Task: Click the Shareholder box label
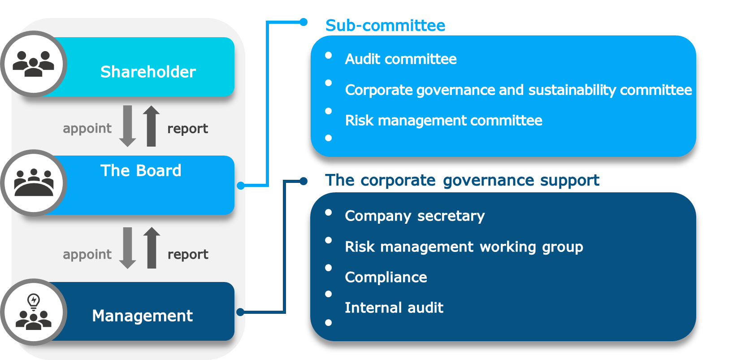[148, 72]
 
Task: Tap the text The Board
[141, 170]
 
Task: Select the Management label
[142, 316]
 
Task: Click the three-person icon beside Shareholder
[33, 64]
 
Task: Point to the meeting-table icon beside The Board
[34, 182]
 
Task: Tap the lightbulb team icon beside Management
[34, 312]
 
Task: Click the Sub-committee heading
[385, 26]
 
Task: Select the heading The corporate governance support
[462, 180]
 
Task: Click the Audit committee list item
[401, 59]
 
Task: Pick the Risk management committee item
[443, 120]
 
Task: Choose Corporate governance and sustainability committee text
[518, 90]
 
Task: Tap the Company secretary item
[415, 216]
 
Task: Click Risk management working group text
[464, 247]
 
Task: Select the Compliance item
[386, 277]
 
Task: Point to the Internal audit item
[394, 308]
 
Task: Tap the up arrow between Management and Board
[152, 247]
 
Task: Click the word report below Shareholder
[187, 129]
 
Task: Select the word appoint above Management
[87, 254]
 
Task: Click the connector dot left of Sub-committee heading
[303, 22]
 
